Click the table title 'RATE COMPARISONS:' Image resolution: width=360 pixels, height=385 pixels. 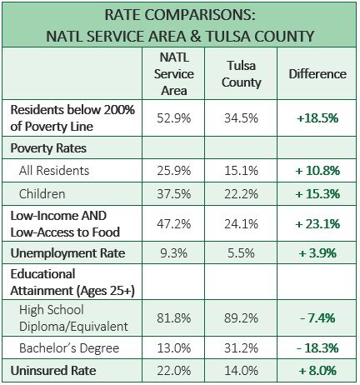pyautogui.click(x=180, y=15)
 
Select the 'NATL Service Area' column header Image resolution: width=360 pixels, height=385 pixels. pyautogui.click(x=174, y=74)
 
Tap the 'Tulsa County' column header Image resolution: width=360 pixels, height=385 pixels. pyautogui.click(x=241, y=74)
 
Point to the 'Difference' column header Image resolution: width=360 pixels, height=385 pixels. pyautogui.click(x=317, y=74)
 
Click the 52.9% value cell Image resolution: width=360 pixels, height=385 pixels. pyautogui.click(x=174, y=118)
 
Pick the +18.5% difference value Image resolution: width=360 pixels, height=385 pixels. pyautogui.click(x=317, y=118)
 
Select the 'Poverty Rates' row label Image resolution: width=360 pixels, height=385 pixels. pyautogui.click(x=48, y=148)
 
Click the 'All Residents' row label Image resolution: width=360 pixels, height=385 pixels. pyautogui.click(x=54, y=171)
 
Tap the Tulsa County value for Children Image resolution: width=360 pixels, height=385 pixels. pyautogui.click(x=241, y=194)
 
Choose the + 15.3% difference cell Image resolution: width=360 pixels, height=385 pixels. pyautogui.click(x=317, y=194)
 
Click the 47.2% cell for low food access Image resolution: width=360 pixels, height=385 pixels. pyautogui.click(x=174, y=224)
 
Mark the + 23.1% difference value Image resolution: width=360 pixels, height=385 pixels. pyautogui.click(x=317, y=224)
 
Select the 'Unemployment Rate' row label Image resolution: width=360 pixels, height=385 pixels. pyautogui.click(x=67, y=253)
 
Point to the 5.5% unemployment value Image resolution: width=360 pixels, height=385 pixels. pyautogui.click(x=241, y=253)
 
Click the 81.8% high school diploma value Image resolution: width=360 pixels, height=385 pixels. pyautogui.click(x=174, y=318)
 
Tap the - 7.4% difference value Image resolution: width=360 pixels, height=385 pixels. pyautogui.click(x=317, y=318)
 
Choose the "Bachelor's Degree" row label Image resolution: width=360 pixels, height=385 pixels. pyautogui.click(x=69, y=348)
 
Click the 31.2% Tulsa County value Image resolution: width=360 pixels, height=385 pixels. pyautogui.click(x=241, y=348)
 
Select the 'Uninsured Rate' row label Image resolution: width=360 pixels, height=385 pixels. pyautogui.click(x=53, y=371)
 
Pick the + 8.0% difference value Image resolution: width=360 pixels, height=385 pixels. pyautogui.click(x=317, y=371)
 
